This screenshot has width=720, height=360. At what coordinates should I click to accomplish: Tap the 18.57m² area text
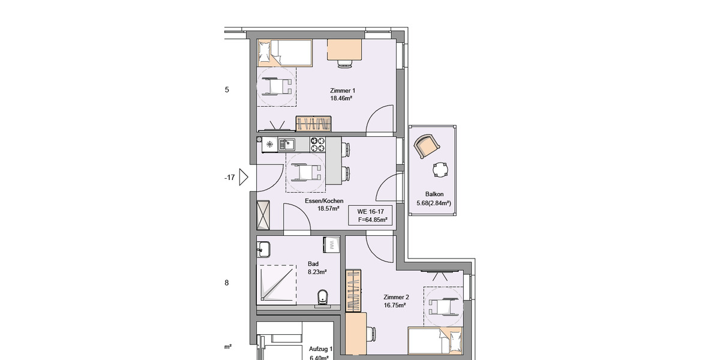pyautogui.click(x=329, y=209)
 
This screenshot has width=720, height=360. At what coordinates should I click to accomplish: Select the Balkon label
pyautogui.click(x=434, y=194)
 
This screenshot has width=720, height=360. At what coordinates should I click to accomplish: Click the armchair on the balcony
pyautogui.click(x=426, y=146)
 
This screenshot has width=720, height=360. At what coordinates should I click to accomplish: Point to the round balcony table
pyautogui.click(x=441, y=170)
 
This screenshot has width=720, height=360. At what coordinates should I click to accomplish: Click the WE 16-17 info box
pyautogui.click(x=371, y=215)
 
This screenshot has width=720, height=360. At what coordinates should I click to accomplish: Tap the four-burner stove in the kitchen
pyautogui.click(x=317, y=144)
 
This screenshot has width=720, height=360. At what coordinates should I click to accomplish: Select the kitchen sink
pyautogui.click(x=286, y=144)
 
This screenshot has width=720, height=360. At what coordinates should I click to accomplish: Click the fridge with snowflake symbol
pyautogui.click(x=269, y=144)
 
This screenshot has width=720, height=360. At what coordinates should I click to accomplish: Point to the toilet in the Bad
pyautogui.click(x=322, y=296)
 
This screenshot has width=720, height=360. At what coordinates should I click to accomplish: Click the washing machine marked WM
pyautogui.click(x=331, y=244)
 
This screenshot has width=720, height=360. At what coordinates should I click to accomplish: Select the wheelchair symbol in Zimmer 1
pyautogui.click(x=276, y=85)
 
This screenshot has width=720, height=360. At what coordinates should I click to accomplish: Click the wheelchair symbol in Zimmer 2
pyautogui.click(x=443, y=305)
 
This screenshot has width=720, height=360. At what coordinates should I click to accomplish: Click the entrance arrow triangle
pyautogui.click(x=244, y=177)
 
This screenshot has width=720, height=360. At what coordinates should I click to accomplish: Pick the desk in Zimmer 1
pyautogui.click(x=344, y=50)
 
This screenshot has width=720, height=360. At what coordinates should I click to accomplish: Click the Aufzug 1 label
pyautogui.click(x=320, y=349)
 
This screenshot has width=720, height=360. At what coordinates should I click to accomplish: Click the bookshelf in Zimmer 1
pyautogui.click(x=314, y=124)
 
